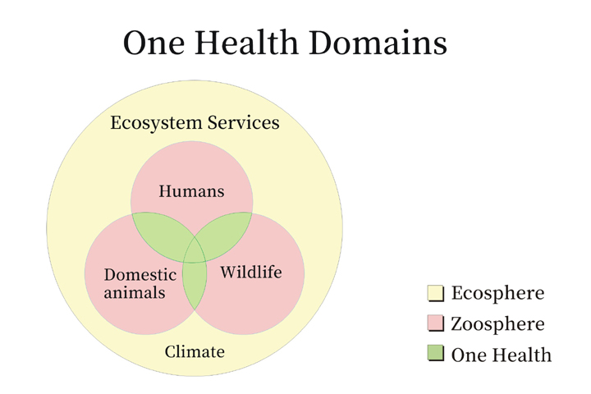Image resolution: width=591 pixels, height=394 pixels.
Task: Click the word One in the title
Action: [153, 43]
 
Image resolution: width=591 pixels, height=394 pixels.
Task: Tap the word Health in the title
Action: [246, 42]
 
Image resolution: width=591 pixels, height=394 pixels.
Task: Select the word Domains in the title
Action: [378, 42]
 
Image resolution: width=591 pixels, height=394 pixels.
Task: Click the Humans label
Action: [191, 190]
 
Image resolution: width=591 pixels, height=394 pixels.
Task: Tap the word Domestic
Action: [140, 274]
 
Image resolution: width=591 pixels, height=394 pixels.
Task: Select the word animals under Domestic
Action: [135, 292]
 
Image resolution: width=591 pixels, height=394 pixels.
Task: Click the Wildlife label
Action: [251, 272]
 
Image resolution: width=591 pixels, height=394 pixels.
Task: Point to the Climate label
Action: [195, 351]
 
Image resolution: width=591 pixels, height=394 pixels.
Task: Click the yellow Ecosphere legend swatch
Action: [435, 293]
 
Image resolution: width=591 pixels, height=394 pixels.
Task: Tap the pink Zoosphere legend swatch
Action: [435, 323]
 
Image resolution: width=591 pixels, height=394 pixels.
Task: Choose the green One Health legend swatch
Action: [435, 353]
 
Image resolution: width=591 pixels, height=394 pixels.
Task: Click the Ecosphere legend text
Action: [498, 293]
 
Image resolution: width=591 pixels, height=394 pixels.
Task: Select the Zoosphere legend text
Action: [498, 324]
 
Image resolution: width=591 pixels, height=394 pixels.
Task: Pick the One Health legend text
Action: [502, 355]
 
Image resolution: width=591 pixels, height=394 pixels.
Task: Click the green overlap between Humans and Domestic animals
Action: [160, 234]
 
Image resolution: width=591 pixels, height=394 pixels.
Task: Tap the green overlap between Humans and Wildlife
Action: [224, 233]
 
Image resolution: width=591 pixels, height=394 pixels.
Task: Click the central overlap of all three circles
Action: [195, 252]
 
